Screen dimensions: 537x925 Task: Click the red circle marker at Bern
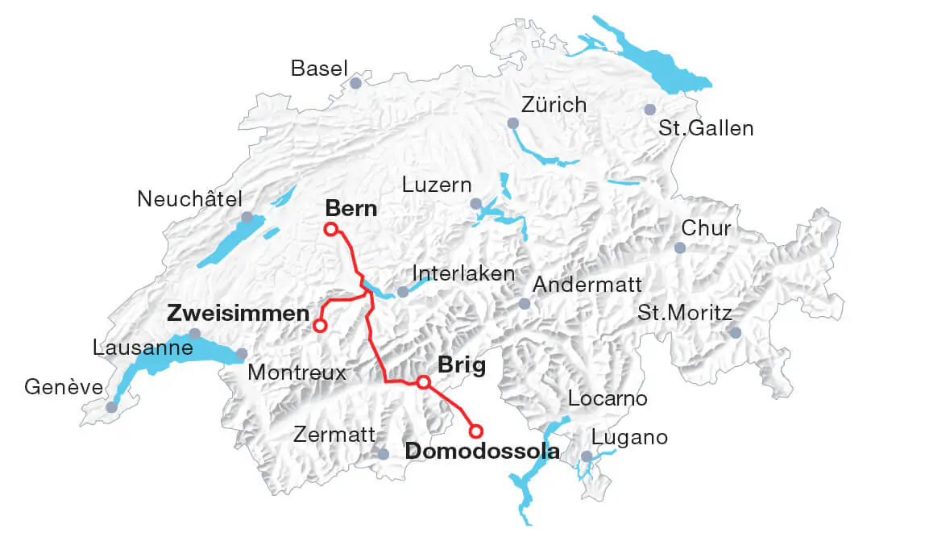tap(330, 229)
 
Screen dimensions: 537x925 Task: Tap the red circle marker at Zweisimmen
tap(320, 326)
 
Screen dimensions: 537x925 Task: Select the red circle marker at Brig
tap(423, 381)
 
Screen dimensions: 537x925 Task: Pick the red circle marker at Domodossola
tap(476, 431)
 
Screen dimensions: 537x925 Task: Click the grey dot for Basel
tap(356, 83)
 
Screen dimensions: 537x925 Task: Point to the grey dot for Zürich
tap(512, 123)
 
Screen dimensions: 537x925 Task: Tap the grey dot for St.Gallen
tap(650, 110)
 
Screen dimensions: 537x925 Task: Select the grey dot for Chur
tap(679, 248)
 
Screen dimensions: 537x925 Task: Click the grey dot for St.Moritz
tap(735, 332)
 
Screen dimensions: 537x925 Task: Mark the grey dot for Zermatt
tap(384, 455)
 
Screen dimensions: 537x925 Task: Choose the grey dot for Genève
tap(111, 407)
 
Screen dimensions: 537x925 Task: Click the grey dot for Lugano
tap(587, 456)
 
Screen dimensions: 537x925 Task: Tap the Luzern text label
tap(437, 185)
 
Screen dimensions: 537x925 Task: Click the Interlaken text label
tap(463, 273)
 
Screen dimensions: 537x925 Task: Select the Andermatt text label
tap(587, 285)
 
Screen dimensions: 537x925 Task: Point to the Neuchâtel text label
tap(189, 198)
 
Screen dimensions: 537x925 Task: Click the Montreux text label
tap(297, 373)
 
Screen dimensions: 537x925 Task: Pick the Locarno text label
tap(608, 398)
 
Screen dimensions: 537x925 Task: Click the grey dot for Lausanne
tap(194, 334)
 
